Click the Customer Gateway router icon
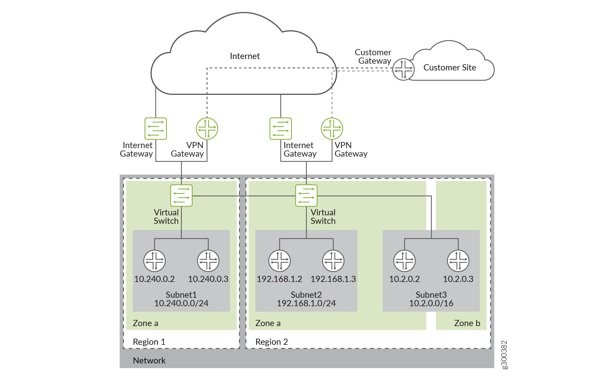point(403,69)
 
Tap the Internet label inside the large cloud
point(245,56)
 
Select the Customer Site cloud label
point(449,67)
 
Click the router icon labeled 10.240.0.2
point(154,261)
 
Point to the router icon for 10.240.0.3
point(208,261)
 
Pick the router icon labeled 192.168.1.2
point(279,261)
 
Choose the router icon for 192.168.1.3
point(333,261)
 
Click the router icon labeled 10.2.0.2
point(404,261)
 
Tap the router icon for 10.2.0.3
point(458,261)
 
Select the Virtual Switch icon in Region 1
point(181,195)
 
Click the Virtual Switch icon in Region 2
point(306,195)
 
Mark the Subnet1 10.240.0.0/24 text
point(181,299)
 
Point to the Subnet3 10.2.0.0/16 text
point(431,299)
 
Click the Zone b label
point(467,323)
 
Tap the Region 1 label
point(149,342)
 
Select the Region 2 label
point(271,342)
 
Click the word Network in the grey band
point(149,361)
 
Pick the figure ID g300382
point(504,355)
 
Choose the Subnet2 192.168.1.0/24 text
point(306,299)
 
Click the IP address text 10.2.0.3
point(458,279)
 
